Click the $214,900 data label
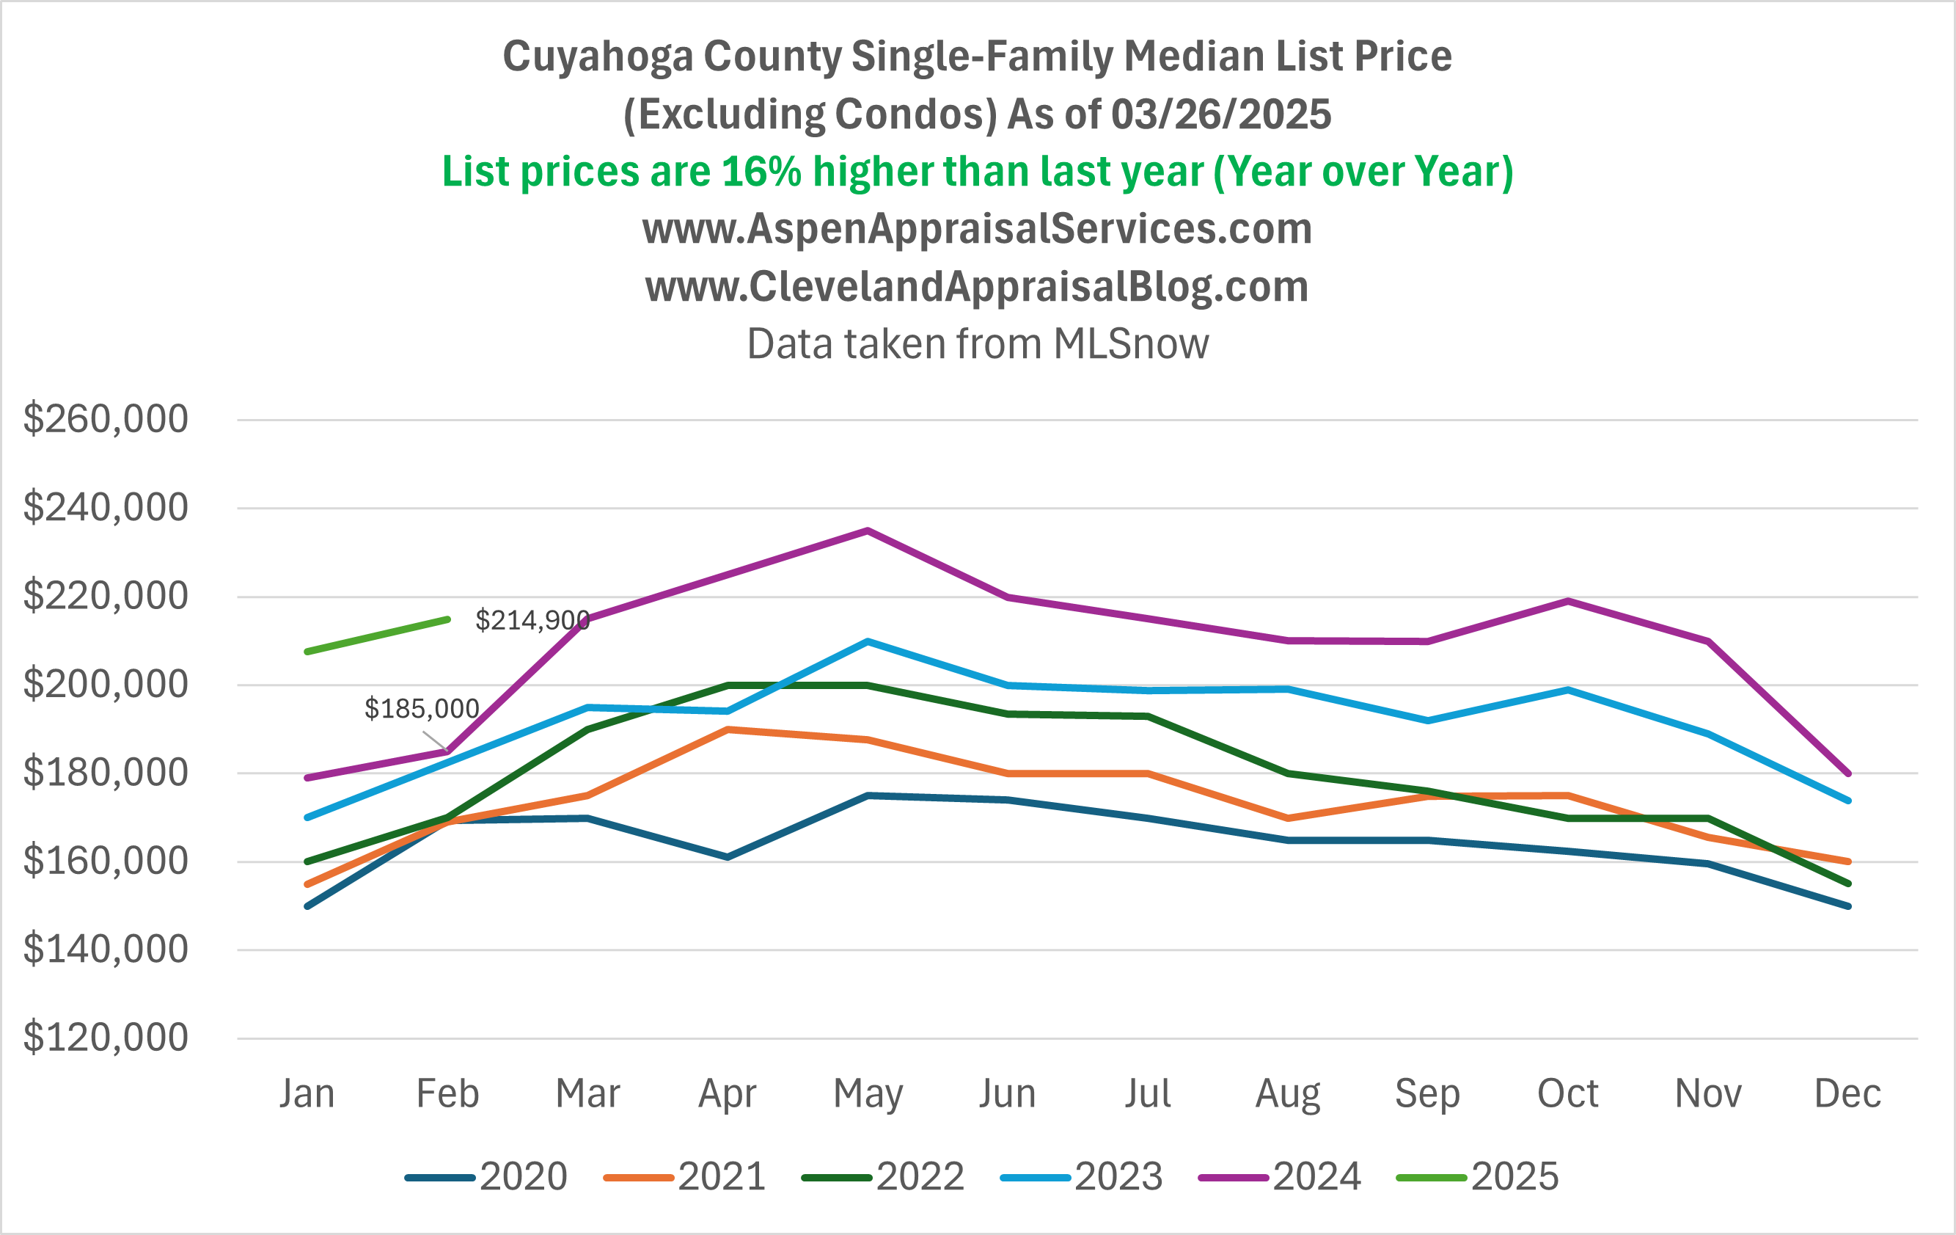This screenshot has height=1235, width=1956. point(532,621)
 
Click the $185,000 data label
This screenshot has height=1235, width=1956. point(421,709)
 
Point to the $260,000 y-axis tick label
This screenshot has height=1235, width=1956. point(106,419)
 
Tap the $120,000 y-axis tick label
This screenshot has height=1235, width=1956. point(106,1038)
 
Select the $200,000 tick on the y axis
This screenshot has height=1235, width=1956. point(106,684)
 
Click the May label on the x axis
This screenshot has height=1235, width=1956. point(868,1093)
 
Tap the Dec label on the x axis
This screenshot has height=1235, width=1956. point(1848,1093)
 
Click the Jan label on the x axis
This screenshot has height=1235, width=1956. point(307,1093)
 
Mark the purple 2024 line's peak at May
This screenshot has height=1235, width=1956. point(868,531)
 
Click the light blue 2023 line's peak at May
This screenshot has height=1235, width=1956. point(868,641)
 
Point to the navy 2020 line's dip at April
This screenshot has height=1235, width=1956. point(728,857)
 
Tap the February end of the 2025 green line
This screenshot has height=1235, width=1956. point(447,619)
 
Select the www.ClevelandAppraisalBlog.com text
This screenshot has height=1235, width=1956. point(977,287)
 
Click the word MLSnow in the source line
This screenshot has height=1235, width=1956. point(1131,343)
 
